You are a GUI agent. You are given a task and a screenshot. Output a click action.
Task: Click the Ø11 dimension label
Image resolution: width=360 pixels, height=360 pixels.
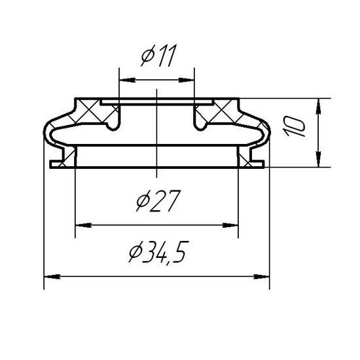[159, 56]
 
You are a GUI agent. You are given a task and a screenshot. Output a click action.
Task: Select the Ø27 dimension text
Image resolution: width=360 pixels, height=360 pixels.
[158, 200]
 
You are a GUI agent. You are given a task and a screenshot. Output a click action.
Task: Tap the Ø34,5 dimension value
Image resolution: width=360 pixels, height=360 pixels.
[159, 252]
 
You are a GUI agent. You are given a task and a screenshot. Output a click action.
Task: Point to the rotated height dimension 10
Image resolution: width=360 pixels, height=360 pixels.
[294, 126]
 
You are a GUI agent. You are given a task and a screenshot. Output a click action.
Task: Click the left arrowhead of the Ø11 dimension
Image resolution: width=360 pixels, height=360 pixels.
[127, 80]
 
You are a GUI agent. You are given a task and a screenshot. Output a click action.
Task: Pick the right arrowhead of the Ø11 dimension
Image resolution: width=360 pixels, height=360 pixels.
[187, 80]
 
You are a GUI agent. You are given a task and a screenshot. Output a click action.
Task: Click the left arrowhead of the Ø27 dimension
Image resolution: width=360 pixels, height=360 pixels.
[84, 225]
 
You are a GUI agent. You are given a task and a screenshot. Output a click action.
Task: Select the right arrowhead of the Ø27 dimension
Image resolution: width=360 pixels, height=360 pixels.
[230, 225]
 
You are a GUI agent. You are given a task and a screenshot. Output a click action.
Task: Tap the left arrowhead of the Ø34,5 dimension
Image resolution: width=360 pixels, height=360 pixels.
[52, 276]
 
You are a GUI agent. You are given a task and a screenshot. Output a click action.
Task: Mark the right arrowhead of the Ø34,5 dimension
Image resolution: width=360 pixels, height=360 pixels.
[261, 276]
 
